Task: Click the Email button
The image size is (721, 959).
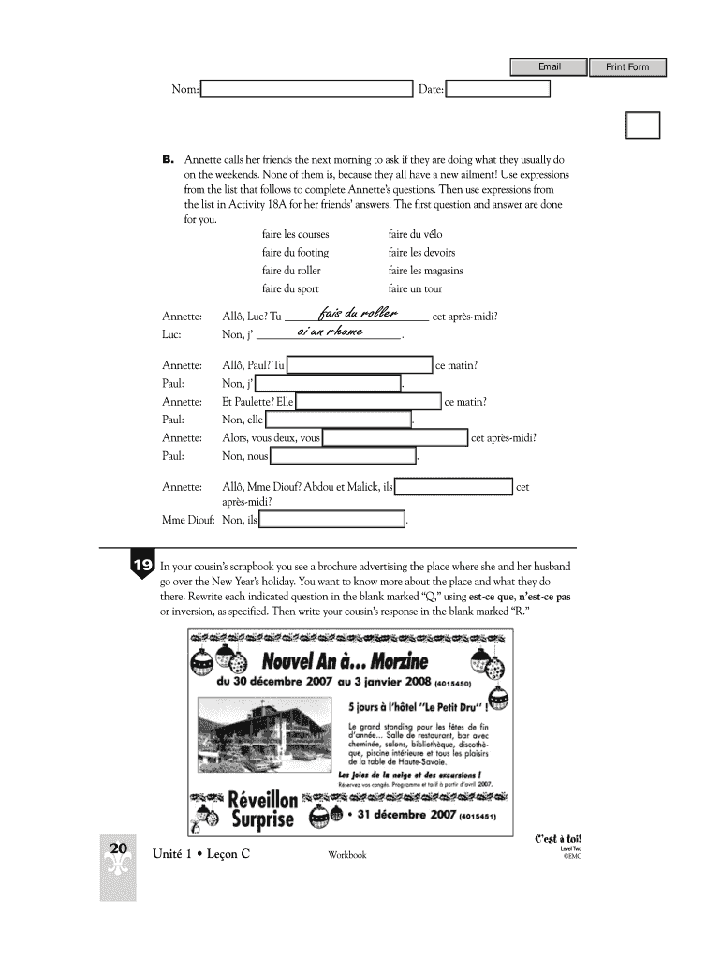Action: [x=549, y=66]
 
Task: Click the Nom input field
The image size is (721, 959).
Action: [x=307, y=89]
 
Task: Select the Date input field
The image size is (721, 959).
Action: [x=498, y=89]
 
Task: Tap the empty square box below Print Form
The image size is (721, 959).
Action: [x=642, y=125]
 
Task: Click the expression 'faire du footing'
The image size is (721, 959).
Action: [x=295, y=253]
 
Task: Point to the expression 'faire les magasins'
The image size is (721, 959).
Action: [x=425, y=271]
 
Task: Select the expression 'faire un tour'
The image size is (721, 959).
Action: [x=415, y=288]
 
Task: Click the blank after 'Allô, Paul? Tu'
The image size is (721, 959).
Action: [x=360, y=365]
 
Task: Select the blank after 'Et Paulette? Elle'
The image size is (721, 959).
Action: [x=368, y=402]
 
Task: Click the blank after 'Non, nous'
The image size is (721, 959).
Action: [x=343, y=456]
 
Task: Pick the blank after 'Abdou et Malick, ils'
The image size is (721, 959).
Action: [x=454, y=487]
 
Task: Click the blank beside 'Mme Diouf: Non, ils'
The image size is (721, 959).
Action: [x=332, y=520]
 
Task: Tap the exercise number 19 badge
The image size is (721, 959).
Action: [x=142, y=566]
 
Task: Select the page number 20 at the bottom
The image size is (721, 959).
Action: [x=118, y=848]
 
